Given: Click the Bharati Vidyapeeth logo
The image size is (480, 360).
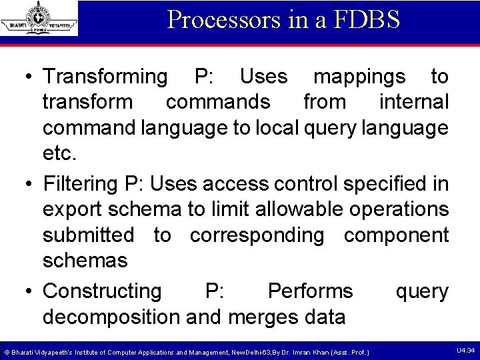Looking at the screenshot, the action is (39, 19).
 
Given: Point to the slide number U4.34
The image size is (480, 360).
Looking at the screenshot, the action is (465, 351).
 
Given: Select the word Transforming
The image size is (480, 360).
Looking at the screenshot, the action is (105, 77).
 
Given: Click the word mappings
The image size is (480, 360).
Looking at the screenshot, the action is (359, 77).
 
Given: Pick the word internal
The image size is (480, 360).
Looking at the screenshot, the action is (413, 102).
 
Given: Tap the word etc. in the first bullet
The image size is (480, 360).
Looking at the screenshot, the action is (60, 153).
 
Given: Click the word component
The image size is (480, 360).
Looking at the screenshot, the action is (396, 235).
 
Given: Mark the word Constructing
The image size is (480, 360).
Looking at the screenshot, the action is (102, 291).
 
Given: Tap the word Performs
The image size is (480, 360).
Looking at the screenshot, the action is (310, 291).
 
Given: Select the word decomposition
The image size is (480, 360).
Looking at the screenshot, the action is (111, 317).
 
